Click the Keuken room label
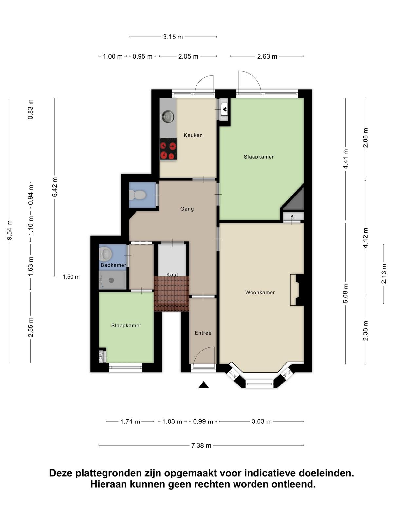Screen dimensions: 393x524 (193, 135)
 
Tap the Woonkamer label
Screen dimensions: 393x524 (260, 292)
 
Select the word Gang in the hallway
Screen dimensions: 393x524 (187, 209)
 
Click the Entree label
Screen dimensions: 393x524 (203, 333)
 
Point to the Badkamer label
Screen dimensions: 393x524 (113, 265)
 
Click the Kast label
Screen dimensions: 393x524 (172, 274)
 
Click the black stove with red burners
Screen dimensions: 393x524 (168, 148)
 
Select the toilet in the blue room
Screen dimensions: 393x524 (138, 195)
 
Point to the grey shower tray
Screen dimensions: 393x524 (112, 280)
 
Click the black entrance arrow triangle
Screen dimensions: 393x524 (203, 384)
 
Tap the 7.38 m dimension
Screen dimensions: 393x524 (201, 445)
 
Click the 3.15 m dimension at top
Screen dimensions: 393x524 (173, 37)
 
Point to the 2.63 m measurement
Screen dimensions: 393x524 (267, 56)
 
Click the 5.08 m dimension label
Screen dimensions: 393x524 (346, 293)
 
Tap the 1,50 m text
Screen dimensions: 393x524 (71, 277)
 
